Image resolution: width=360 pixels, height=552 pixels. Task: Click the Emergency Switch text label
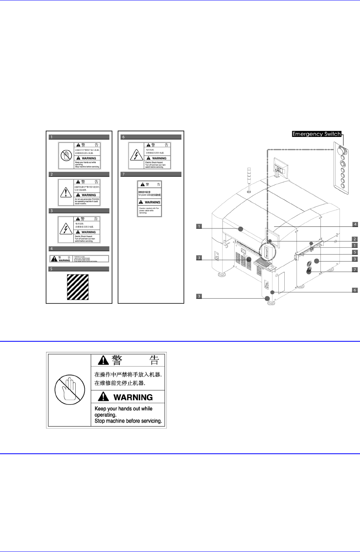[x=316, y=134]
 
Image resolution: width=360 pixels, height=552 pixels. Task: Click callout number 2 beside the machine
[x=355, y=239]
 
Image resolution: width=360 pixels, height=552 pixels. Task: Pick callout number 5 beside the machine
[x=355, y=252]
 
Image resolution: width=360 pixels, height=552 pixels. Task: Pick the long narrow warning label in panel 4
[x=79, y=259]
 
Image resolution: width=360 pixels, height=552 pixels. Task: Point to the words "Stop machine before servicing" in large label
[x=128, y=421]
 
